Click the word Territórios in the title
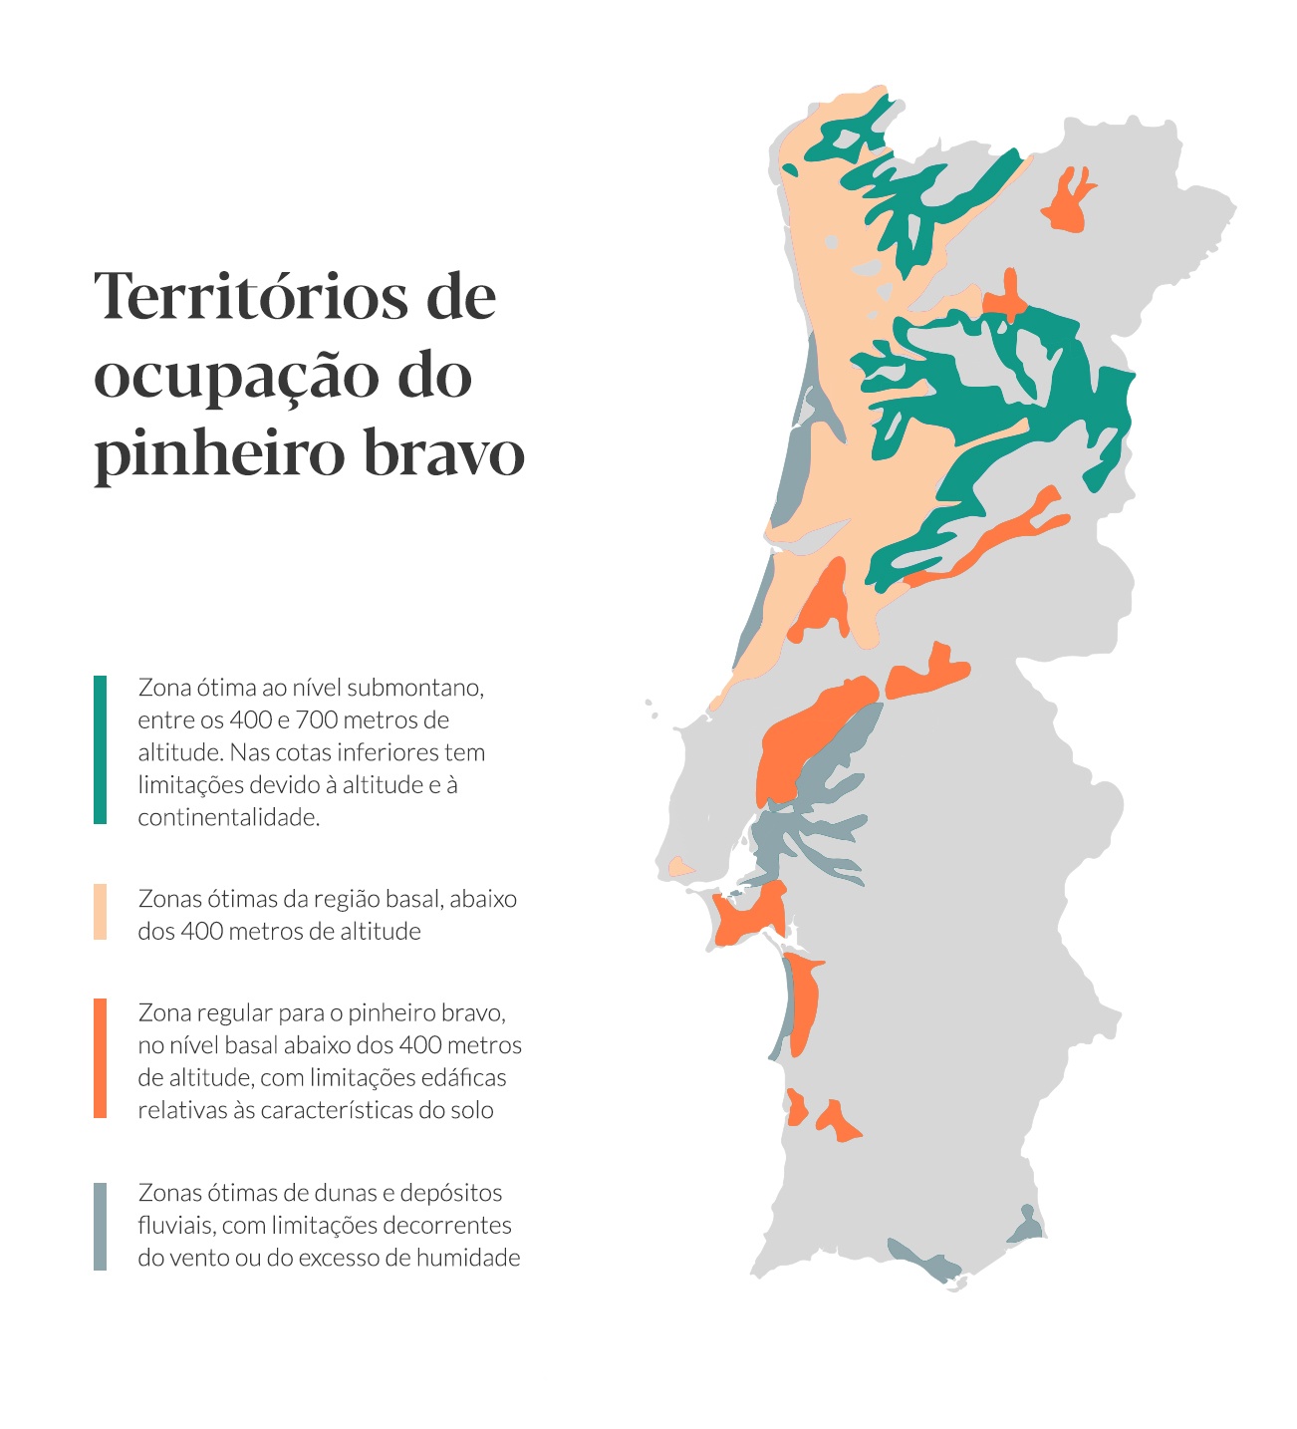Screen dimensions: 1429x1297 point(249,296)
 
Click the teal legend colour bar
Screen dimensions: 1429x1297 point(100,749)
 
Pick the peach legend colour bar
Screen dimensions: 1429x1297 point(100,911)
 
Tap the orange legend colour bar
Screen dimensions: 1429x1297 point(100,1057)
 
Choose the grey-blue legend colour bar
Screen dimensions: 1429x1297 point(100,1226)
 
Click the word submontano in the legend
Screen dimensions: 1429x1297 point(422,688)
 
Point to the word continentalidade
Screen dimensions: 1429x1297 point(228,818)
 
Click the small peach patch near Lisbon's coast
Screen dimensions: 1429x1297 point(680,867)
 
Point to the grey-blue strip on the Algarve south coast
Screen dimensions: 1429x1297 point(921,1262)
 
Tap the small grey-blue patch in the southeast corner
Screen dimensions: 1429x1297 point(1026,1226)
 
